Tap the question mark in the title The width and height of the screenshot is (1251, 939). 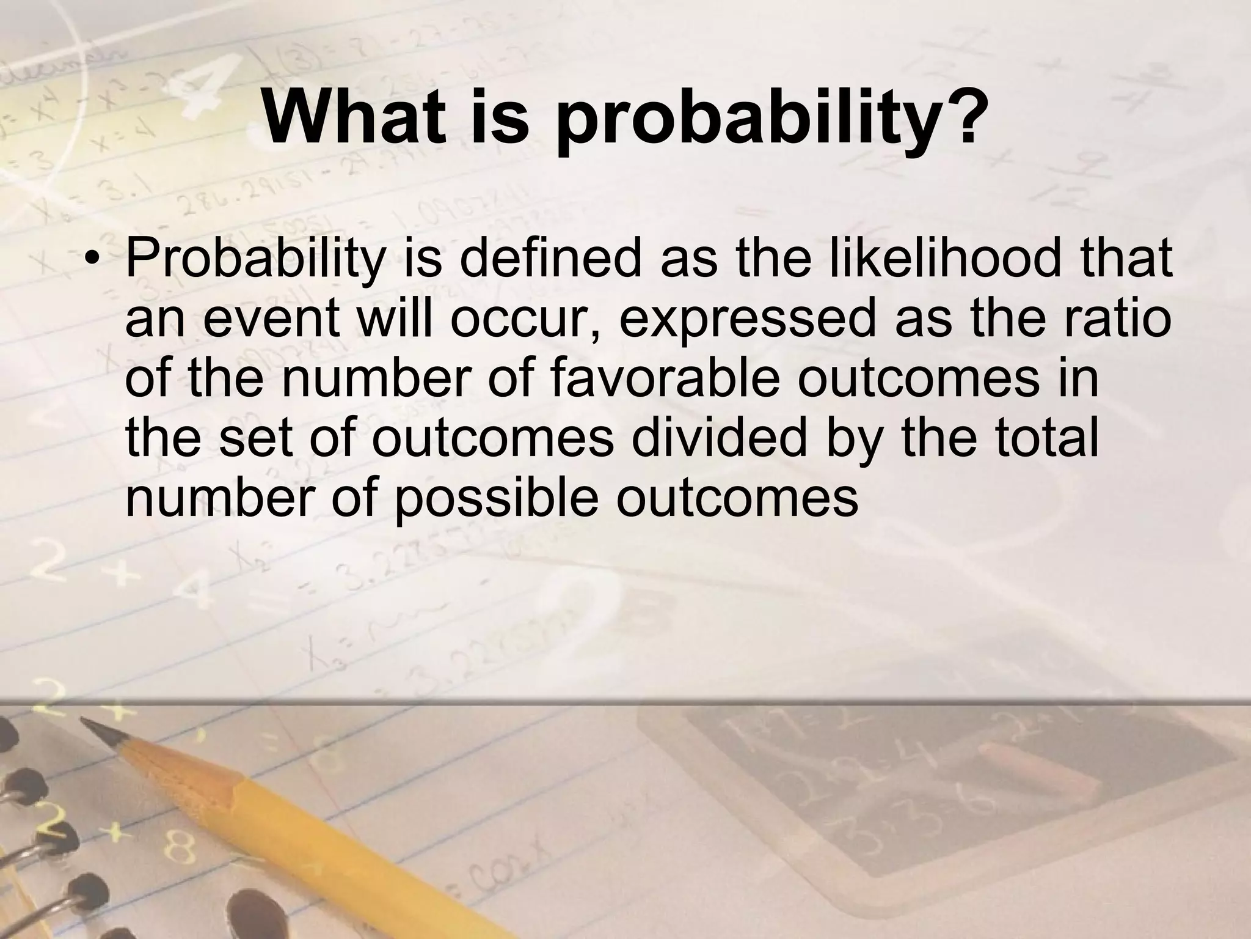965,116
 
